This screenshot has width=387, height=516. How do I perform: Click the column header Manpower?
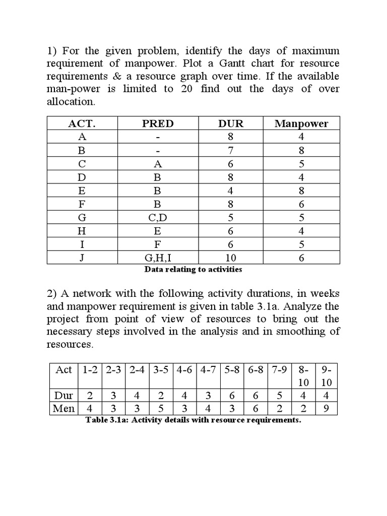pyautogui.click(x=301, y=123)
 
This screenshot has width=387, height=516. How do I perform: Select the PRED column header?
pyautogui.click(x=158, y=123)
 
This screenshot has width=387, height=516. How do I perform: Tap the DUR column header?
pyautogui.click(x=231, y=123)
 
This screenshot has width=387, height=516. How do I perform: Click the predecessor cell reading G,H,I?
pyautogui.click(x=158, y=257)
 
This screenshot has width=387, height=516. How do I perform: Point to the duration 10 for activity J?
pyautogui.click(x=231, y=257)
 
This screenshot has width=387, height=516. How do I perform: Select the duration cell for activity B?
pyautogui.click(x=231, y=150)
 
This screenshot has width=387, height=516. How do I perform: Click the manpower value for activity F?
pyautogui.click(x=301, y=204)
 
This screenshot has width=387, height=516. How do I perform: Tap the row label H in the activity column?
pyautogui.click(x=82, y=231)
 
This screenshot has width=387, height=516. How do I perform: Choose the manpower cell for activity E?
pyautogui.click(x=301, y=190)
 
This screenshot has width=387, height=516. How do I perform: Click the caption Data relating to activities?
pyautogui.click(x=193, y=270)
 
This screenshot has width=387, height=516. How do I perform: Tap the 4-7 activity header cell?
pyautogui.click(x=209, y=370)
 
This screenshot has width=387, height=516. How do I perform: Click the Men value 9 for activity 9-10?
pyautogui.click(x=326, y=408)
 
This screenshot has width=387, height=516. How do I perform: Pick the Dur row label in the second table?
pyautogui.click(x=63, y=395)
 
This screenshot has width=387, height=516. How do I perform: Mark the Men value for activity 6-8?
pyautogui.click(x=256, y=408)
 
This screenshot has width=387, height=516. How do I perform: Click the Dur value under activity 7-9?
pyautogui.click(x=280, y=395)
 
